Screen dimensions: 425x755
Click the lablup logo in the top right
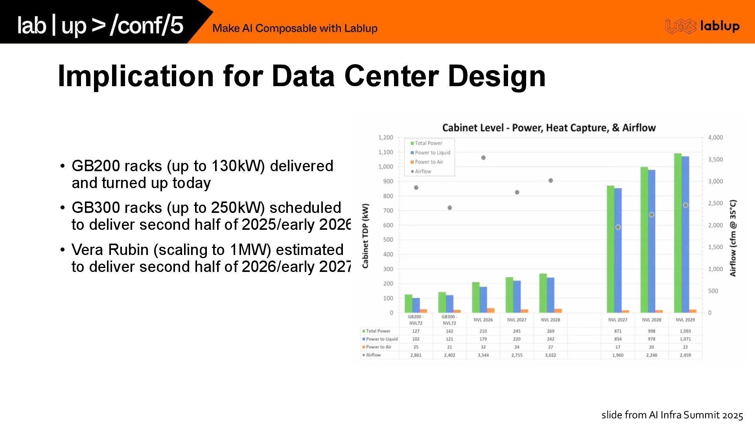[x=702, y=26]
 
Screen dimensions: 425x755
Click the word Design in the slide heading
[x=496, y=76]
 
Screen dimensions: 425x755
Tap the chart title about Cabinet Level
[x=549, y=128]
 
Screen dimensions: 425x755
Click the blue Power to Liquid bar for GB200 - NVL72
[x=416, y=305]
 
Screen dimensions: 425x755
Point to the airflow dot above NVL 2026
[x=483, y=158]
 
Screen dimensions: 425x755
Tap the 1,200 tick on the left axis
[x=385, y=137]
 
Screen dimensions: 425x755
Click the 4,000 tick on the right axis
[x=715, y=137]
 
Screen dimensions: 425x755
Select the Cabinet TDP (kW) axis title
[x=366, y=236]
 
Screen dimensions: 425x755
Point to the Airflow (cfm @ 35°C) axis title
[x=733, y=238]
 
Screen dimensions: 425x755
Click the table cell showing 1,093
[x=685, y=331]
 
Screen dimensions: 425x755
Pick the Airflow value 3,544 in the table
[x=483, y=355]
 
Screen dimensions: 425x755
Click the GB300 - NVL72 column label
[x=449, y=320]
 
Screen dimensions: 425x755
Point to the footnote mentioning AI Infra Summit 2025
[x=672, y=415]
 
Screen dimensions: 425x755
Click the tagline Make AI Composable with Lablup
[x=295, y=28]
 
